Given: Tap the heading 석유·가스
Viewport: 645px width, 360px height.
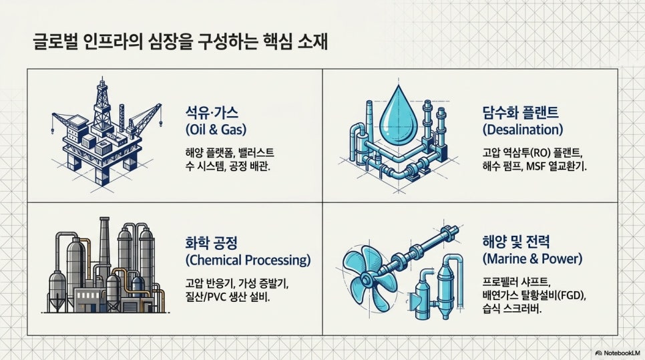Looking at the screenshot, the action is (x=212, y=112).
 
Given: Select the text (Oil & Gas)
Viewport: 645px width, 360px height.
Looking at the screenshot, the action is (x=216, y=129).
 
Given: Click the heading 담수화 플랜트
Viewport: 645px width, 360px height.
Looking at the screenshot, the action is (x=520, y=112).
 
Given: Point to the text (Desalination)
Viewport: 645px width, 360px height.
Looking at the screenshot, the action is (x=523, y=129).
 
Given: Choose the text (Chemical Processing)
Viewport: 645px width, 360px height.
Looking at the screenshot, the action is (x=248, y=260).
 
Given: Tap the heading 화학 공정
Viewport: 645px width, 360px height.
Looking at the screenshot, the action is (x=212, y=242).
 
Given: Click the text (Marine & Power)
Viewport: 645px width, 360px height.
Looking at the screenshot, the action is (x=533, y=258).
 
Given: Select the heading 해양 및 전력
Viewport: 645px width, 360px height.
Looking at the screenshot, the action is (x=516, y=242).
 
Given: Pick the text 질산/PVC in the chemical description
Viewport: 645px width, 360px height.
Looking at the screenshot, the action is (x=204, y=297).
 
